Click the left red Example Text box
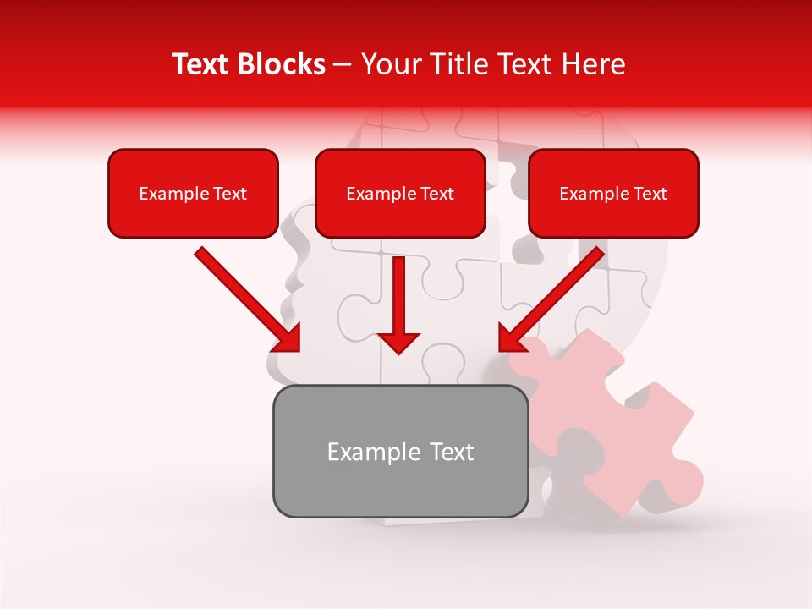coord(193,193)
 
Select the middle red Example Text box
coord(400,193)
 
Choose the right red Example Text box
coord(613,193)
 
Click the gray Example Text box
coord(400,451)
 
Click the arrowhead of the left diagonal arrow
coord(286,337)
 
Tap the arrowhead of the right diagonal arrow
coord(513,337)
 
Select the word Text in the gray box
coord(450,452)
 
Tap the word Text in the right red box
coord(650,194)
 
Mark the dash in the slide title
coord(343,64)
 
